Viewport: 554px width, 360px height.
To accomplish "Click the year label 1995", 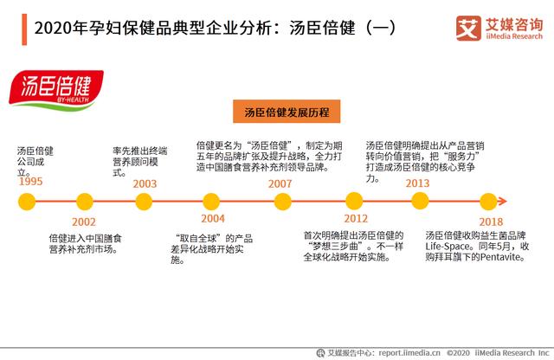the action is [x=31, y=182].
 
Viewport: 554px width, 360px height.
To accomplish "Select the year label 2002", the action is [x=84, y=222].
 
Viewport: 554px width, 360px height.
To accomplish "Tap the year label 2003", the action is [x=145, y=183].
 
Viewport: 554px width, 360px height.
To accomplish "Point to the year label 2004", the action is [x=213, y=218].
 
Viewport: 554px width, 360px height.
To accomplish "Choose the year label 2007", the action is [x=280, y=183].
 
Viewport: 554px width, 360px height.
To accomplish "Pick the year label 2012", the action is [x=356, y=218].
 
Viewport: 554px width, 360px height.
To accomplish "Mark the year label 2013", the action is [x=417, y=183].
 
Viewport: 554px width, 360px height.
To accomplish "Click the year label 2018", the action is [x=491, y=222].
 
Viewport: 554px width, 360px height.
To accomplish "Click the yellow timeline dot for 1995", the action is [x=27, y=202].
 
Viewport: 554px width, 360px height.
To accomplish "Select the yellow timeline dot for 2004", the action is [x=211, y=202].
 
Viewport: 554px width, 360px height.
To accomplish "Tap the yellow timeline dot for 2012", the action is [x=354, y=202].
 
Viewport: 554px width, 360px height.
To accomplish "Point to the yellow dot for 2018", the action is [x=488, y=202].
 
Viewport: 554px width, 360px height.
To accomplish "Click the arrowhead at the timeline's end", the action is [x=503, y=202].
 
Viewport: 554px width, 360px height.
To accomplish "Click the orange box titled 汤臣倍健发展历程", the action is [x=287, y=112].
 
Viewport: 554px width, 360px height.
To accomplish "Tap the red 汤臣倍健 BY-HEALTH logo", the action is [x=56, y=91].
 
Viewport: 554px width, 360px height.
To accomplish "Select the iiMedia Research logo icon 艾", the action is [x=468, y=29].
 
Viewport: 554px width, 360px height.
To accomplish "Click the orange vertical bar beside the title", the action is [x=24, y=29].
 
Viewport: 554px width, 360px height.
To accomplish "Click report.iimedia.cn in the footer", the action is [x=409, y=352].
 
